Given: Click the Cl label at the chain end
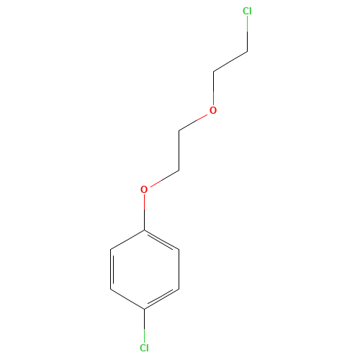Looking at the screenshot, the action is click(247, 11).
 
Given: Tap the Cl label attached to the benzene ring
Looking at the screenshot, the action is click(144, 348).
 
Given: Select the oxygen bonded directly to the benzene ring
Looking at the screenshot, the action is click(144, 189).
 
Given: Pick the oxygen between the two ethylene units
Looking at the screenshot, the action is click(213, 110).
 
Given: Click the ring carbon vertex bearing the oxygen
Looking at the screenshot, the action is click(144, 230).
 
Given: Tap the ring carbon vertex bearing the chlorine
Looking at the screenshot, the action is click(144, 309).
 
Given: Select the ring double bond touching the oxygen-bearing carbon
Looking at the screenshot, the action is click(161, 240).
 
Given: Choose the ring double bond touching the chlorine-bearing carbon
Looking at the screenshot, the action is click(161, 299).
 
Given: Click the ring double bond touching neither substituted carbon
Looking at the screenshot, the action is click(111, 269).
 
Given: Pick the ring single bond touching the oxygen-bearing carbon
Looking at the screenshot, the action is click(127, 240).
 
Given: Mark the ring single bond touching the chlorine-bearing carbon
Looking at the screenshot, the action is click(127, 299).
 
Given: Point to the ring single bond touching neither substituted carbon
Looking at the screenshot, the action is click(179, 269).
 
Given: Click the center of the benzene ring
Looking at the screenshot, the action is click(145, 269).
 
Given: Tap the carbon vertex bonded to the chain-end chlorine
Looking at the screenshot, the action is click(248, 51).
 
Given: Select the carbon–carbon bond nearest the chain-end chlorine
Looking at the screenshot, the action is click(230, 61).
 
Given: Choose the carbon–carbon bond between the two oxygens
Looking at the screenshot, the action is click(179, 150).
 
